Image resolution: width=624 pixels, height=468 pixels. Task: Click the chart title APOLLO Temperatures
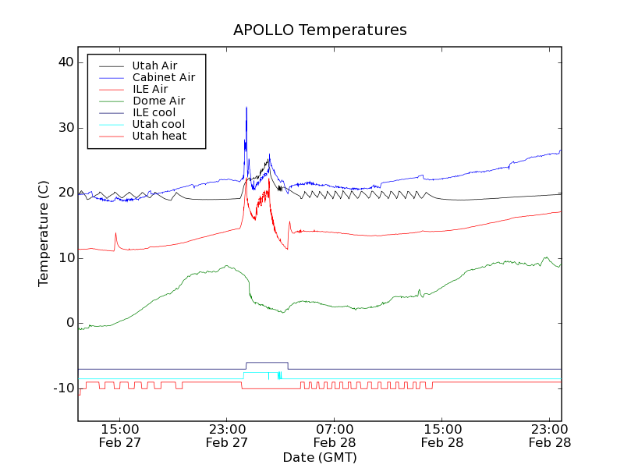coord(320,30)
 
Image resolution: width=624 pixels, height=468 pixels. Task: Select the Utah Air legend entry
coord(154,66)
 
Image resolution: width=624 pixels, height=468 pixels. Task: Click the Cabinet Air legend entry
coord(163,77)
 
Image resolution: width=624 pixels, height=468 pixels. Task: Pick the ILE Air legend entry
coord(150,89)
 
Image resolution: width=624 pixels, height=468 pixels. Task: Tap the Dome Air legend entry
coord(158,101)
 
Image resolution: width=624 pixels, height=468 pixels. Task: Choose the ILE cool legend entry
coord(154,112)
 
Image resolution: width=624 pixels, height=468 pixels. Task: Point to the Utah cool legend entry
coord(158,124)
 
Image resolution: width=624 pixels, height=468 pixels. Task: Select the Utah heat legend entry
coord(158,136)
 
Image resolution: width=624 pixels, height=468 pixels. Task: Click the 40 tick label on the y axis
coord(66,62)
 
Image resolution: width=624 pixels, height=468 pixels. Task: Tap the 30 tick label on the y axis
coord(66,128)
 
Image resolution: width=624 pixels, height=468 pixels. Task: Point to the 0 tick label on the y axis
coord(70,323)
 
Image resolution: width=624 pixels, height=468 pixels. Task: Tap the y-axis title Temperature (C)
coord(44,234)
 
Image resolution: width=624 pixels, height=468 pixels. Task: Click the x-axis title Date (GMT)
coord(320,457)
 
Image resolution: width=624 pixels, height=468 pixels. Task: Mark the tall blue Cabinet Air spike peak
coord(246,108)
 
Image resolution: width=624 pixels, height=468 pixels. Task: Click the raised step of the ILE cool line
coord(267,363)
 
